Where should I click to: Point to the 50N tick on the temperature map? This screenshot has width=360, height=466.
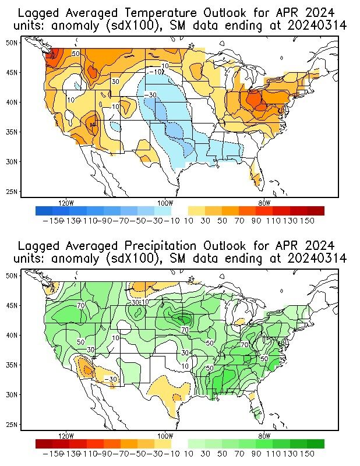12,43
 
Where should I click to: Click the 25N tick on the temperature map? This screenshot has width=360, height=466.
12,191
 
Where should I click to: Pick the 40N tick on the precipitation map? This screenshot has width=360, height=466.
12,335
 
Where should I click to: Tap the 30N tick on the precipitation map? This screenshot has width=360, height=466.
12,394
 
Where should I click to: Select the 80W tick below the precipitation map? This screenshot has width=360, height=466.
264,436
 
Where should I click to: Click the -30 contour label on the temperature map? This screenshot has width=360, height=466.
150,95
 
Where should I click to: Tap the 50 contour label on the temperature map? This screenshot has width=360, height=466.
75,54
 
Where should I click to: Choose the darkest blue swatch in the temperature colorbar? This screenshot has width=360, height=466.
44,211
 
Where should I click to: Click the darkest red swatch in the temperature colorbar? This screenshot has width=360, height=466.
316,211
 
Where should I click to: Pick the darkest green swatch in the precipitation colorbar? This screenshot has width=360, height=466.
316,443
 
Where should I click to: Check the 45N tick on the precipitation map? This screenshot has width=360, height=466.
12,305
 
